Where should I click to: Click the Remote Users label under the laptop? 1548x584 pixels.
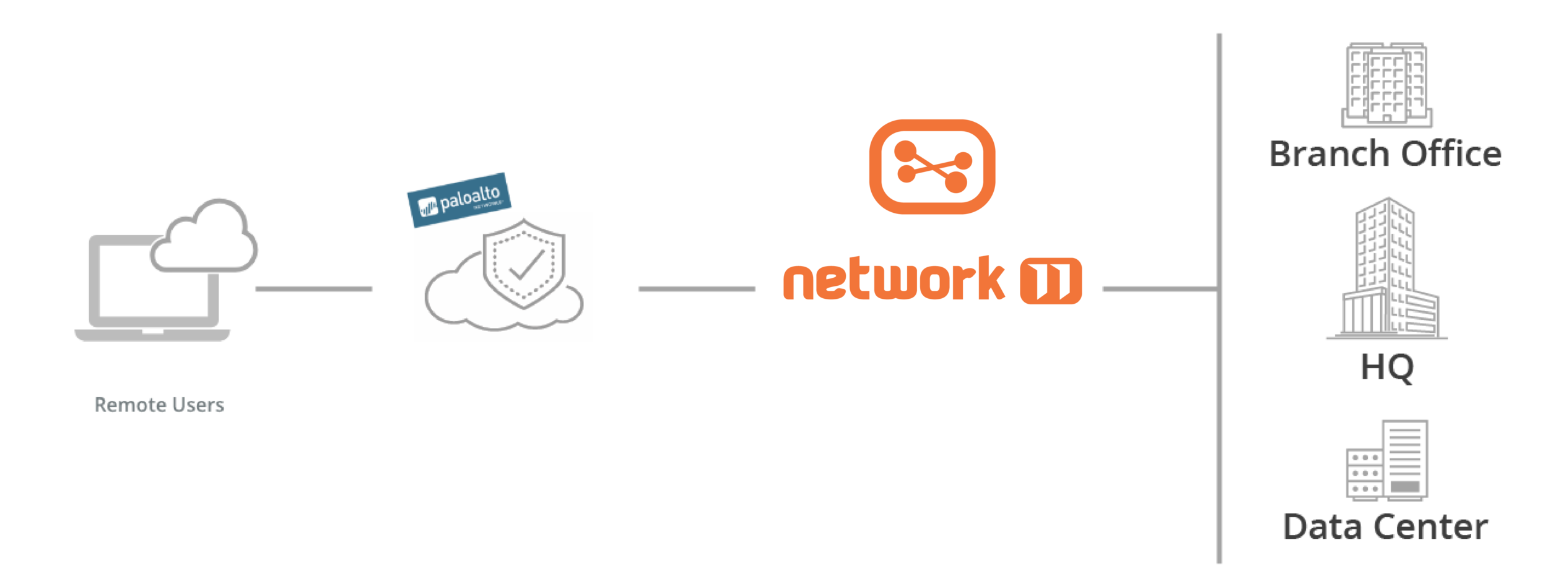point(159,406)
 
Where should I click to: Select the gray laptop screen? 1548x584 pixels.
point(149,281)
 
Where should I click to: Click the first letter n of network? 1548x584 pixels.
point(799,283)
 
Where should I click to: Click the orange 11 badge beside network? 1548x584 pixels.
point(1051,281)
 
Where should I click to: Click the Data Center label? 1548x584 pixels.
point(1387,533)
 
